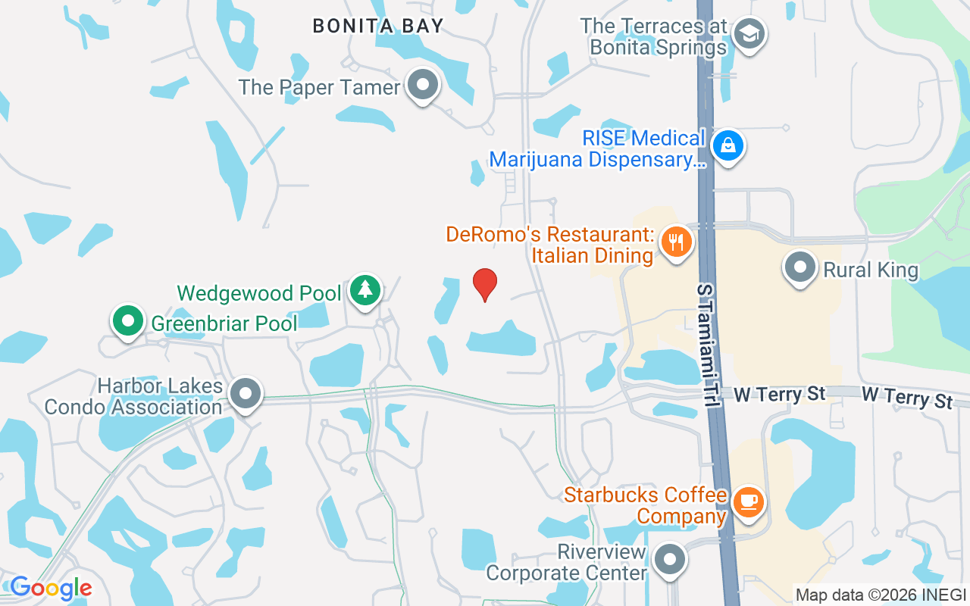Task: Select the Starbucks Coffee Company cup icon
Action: pyautogui.click(x=749, y=501)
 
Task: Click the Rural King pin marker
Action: pyautogui.click(x=799, y=268)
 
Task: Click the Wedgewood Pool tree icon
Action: pyautogui.click(x=365, y=289)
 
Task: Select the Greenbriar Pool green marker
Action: pyautogui.click(x=128, y=321)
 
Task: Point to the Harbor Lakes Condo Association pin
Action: pyautogui.click(x=246, y=394)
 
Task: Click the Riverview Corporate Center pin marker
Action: pyautogui.click(x=669, y=561)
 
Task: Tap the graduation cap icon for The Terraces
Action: pyautogui.click(x=749, y=33)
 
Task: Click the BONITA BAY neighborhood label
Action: pyautogui.click(x=378, y=26)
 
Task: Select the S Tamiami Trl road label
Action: pyautogui.click(x=707, y=346)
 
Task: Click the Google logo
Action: pyautogui.click(x=51, y=587)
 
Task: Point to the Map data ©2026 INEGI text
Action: pyautogui.click(x=881, y=595)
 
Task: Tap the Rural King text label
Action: pyautogui.click(x=871, y=270)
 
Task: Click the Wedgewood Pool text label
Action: pyautogui.click(x=259, y=292)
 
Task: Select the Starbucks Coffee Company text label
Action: pyautogui.click(x=646, y=505)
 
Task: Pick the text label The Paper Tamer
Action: pyautogui.click(x=319, y=87)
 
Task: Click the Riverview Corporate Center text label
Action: pyautogui.click(x=566, y=562)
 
